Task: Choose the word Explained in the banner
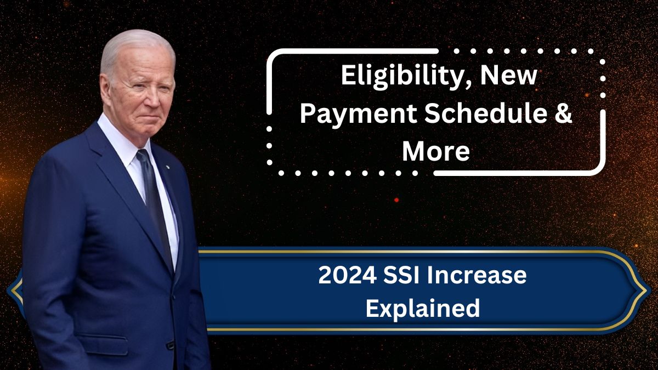(x=423, y=308)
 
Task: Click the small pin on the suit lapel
(x=167, y=167)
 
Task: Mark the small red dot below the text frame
(x=396, y=200)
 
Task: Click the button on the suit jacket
(x=170, y=345)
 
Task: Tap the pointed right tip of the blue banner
(x=646, y=291)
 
